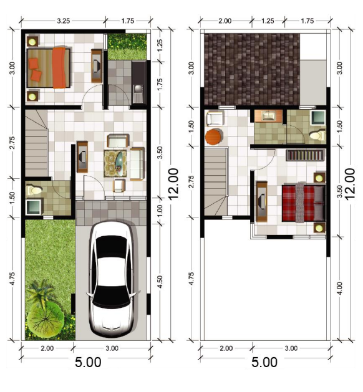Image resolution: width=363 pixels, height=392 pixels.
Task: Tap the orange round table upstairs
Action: coord(214,137)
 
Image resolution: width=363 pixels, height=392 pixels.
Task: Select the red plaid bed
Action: coord(304,203)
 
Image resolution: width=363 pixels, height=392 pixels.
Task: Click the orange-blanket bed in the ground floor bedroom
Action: coord(49,68)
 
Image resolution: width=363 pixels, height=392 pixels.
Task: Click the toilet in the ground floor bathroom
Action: coord(34,191)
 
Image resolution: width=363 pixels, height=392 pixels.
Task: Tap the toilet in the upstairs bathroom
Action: coord(317,135)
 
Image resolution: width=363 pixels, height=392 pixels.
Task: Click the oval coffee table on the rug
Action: coord(119,162)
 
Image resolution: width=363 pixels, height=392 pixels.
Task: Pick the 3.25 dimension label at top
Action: coord(63,21)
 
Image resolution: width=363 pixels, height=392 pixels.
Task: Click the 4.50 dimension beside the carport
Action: coord(160,282)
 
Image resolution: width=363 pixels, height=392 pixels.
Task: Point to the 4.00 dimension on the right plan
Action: coord(339,289)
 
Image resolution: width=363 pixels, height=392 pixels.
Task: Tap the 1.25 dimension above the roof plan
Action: coord(268,21)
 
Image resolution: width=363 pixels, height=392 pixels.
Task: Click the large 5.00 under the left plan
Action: coord(88,362)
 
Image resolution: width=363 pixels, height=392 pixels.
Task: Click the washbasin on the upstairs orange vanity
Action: coord(268,115)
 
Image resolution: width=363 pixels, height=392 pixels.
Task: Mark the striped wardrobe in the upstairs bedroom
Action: coord(306,155)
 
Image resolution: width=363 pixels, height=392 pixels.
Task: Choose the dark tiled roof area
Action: coord(252,69)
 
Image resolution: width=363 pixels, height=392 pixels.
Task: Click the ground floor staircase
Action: coord(37,143)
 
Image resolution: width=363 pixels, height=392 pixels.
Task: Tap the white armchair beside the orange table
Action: coord(215,118)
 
